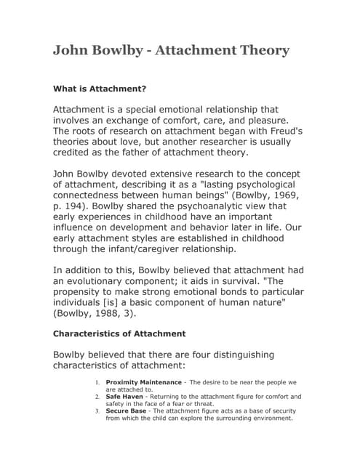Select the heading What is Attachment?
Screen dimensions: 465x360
click(x=100, y=89)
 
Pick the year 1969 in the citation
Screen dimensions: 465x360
click(x=287, y=196)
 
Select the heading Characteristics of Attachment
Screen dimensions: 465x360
click(x=119, y=333)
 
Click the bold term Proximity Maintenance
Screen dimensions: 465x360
click(x=144, y=382)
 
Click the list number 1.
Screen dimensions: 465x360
click(x=97, y=382)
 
